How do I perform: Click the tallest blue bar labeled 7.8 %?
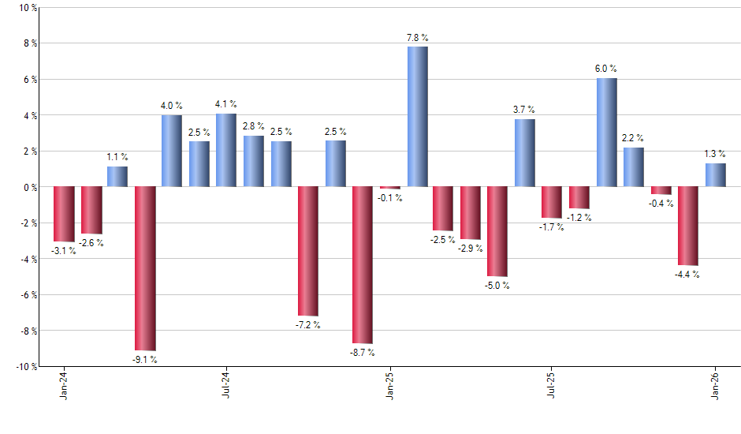tap(417, 117)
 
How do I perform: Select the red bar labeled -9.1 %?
tap(145, 268)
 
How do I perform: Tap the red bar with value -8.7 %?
tap(363, 265)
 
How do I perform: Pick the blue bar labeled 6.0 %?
tap(606, 133)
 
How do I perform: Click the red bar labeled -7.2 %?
tap(308, 251)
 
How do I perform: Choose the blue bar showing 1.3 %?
tap(715, 175)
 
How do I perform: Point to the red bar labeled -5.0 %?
tap(498, 232)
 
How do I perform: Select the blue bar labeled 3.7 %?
tap(525, 153)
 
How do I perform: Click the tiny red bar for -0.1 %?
tap(389, 188)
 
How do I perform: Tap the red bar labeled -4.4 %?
tap(687, 226)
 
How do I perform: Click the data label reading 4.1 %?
tap(226, 104)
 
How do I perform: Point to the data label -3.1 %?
tap(63, 251)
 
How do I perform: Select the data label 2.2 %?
tap(634, 138)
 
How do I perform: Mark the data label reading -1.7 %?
tap(552, 227)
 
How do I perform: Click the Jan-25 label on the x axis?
tap(390, 386)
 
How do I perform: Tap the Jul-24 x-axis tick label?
tap(227, 386)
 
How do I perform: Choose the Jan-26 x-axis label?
tap(716, 386)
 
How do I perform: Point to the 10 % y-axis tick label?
tap(27, 8)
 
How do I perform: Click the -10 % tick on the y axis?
tap(25, 367)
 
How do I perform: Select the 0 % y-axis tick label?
tap(29, 187)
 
